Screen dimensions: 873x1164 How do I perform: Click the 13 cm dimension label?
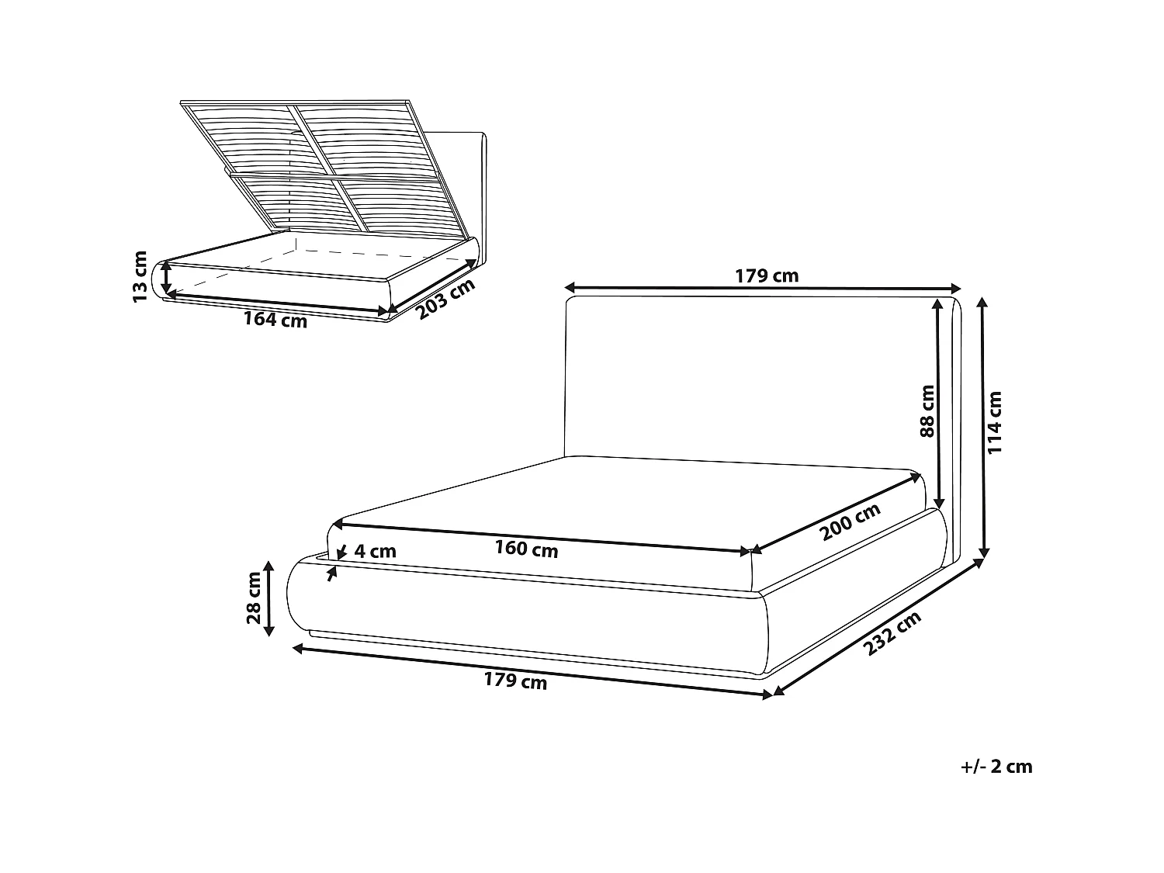click(140, 276)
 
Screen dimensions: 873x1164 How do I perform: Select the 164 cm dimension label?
click(275, 319)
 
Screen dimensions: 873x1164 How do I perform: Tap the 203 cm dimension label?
click(445, 299)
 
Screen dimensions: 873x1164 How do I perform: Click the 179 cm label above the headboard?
click(766, 275)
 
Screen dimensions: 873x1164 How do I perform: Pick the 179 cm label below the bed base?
click(515, 681)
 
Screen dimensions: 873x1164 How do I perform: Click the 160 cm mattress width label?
click(526, 549)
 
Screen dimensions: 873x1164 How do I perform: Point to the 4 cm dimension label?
click(375, 552)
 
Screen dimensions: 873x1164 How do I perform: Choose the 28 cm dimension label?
click(253, 598)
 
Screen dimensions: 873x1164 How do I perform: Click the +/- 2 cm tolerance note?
click(996, 767)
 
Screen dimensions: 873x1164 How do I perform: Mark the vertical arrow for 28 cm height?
click(268, 598)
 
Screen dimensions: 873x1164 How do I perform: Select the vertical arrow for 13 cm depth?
click(166, 279)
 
